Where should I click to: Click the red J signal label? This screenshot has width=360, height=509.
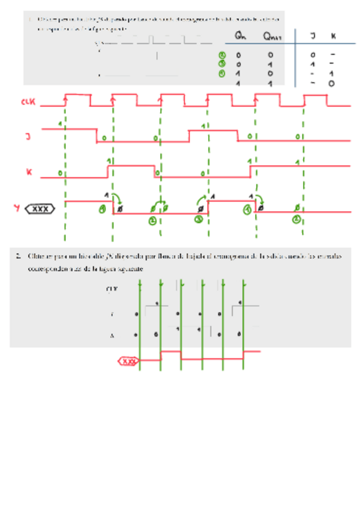pyautogui.click(x=28, y=137)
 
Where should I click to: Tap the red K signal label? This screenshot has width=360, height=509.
pyautogui.click(x=28, y=172)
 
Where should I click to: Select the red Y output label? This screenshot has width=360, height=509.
pyautogui.click(x=17, y=208)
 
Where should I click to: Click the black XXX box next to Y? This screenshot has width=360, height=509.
pyautogui.click(x=41, y=209)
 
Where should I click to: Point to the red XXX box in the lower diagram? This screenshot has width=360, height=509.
pyautogui.click(x=128, y=361)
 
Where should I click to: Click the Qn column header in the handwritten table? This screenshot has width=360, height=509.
pyautogui.click(x=241, y=37)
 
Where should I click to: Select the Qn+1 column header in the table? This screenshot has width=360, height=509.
pyautogui.click(x=273, y=37)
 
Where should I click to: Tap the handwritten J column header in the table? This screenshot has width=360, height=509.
pyautogui.click(x=313, y=37)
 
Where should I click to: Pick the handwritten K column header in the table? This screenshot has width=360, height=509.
pyautogui.click(x=333, y=37)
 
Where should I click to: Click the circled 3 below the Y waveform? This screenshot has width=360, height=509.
pyautogui.click(x=199, y=220)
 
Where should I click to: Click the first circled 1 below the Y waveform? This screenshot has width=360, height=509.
pyautogui.click(x=103, y=209)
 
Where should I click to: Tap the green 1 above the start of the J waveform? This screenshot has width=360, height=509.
pyautogui.click(x=61, y=124)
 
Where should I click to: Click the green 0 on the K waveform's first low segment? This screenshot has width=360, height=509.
pyautogui.click(x=60, y=173)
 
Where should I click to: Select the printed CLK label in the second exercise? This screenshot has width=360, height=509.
pyautogui.click(x=111, y=289)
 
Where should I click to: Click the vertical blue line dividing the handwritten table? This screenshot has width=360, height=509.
pyautogui.click(x=295, y=57)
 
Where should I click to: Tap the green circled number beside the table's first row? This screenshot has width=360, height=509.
pyautogui.click(x=221, y=55)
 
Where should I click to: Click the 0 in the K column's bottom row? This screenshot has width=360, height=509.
pyautogui.click(x=331, y=83)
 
